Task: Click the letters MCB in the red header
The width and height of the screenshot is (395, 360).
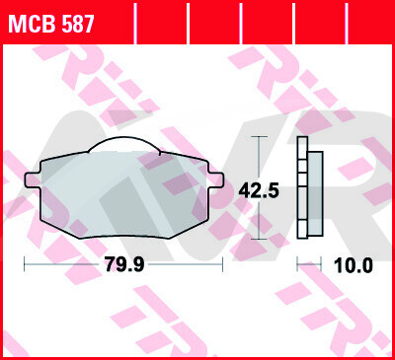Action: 33,24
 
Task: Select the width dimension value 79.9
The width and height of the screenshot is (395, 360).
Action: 124,264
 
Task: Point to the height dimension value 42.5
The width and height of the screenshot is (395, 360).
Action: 259,190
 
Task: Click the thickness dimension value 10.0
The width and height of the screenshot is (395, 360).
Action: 354,265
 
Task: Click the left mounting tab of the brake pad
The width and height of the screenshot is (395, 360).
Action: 33,180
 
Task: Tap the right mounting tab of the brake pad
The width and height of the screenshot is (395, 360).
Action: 215,180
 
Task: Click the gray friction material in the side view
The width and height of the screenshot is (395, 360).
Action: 315,193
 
